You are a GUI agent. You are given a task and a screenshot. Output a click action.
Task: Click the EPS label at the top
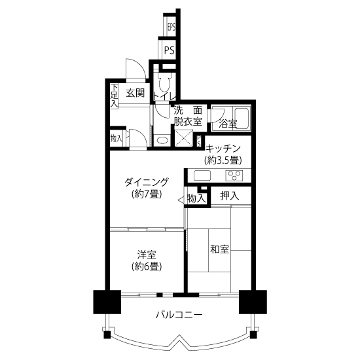click(171, 27)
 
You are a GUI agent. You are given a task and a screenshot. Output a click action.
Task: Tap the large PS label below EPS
click(170, 50)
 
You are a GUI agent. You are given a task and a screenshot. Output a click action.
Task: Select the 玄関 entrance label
click(135, 93)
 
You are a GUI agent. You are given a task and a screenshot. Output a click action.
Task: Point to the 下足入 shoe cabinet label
click(114, 96)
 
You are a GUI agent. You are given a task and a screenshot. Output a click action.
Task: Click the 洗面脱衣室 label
click(188, 116)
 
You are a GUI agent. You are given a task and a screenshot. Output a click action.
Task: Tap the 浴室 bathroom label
click(228, 124)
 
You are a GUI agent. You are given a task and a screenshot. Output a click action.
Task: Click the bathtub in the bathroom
click(242, 118)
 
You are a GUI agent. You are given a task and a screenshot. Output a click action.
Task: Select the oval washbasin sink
click(162, 140)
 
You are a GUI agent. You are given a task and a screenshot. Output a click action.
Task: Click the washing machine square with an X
click(184, 138)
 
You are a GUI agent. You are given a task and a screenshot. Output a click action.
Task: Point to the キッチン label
click(223, 149)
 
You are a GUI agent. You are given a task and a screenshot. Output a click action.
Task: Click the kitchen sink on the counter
click(202, 176)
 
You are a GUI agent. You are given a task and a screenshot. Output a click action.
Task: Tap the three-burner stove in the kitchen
click(234, 176)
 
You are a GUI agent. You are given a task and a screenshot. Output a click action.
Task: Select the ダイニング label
click(147, 182)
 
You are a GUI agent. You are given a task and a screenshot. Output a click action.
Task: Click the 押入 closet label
click(230, 196)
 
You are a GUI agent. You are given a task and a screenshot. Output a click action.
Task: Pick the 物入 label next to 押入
click(196, 198)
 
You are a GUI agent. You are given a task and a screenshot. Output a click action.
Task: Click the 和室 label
click(220, 249)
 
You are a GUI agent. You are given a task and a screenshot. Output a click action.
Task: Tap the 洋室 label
click(147, 255)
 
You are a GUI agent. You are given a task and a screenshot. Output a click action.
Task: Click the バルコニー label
click(179, 315)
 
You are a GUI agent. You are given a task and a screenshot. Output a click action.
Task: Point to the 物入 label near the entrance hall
click(116, 138)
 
